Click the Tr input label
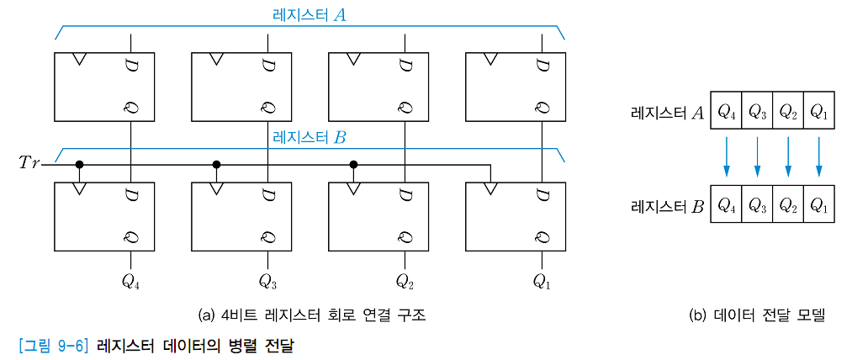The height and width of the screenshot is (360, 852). (28, 163)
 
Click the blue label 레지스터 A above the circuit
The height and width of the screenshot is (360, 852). (309, 14)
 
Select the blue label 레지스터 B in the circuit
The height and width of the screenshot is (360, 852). (309, 138)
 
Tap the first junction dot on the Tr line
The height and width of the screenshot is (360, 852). (79, 163)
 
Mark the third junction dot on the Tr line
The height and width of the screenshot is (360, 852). (353, 163)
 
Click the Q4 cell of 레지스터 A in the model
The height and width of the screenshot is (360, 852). (727, 111)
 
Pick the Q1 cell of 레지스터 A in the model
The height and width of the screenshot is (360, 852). (818, 111)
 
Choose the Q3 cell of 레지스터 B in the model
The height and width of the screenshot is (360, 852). (757, 205)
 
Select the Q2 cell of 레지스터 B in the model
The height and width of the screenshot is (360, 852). (788, 205)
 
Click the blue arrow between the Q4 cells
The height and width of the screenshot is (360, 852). (727, 158)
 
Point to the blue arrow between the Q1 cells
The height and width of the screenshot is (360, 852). (818, 158)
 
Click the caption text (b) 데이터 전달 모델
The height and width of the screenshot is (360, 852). (757, 315)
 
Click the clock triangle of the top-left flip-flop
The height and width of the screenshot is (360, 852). (79, 59)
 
